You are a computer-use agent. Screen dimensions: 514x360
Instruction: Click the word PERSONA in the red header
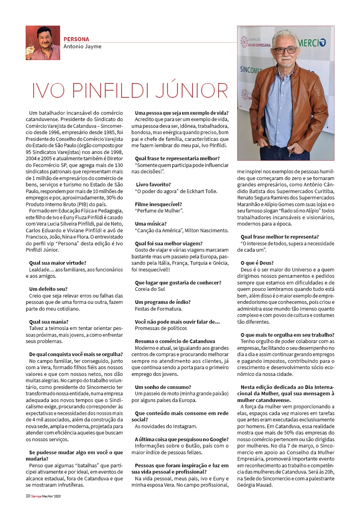76,39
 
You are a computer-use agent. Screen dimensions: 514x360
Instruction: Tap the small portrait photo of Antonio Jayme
43,43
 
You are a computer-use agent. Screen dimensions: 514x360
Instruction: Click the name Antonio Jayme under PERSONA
82,46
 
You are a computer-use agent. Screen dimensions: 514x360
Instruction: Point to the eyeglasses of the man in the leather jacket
286,51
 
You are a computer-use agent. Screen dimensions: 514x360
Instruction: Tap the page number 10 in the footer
28,496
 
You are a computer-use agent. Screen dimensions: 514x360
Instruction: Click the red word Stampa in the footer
36,496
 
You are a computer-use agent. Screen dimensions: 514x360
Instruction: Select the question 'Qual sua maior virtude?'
58,263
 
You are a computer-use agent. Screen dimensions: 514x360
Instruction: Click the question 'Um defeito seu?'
48,289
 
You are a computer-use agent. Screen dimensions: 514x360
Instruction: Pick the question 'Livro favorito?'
153,184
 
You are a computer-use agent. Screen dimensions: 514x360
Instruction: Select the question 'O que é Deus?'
257,263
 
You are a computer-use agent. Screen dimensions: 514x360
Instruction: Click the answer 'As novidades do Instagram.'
166,426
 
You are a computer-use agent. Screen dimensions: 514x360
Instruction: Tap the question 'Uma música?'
151,224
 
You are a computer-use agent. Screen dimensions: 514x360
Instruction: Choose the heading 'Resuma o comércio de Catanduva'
175,341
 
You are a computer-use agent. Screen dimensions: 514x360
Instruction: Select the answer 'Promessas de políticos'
161,328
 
